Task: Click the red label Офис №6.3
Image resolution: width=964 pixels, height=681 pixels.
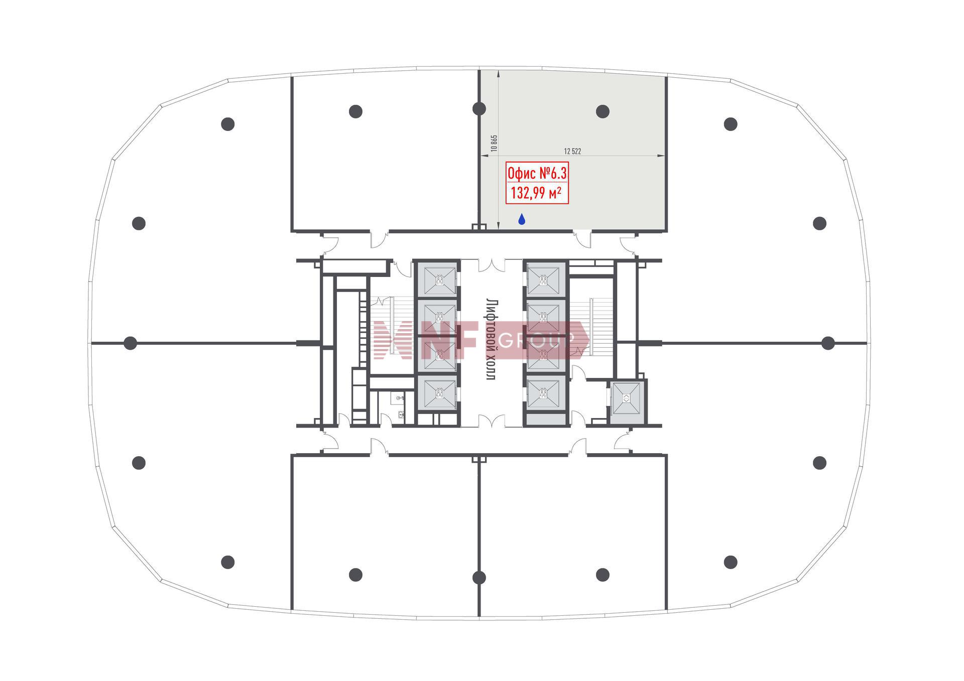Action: pos(537,174)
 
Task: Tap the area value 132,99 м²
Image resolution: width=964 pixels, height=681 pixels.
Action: pos(536,193)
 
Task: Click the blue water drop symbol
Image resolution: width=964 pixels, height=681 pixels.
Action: pos(522,219)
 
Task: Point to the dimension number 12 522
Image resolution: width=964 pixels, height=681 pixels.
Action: pos(572,151)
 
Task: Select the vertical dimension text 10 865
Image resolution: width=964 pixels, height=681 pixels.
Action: pos(494,143)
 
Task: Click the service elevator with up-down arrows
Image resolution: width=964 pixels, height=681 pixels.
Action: pos(627,398)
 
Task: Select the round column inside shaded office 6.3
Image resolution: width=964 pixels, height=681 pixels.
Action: pos(602,111)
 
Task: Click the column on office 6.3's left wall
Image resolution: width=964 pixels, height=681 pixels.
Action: pos(479,108)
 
